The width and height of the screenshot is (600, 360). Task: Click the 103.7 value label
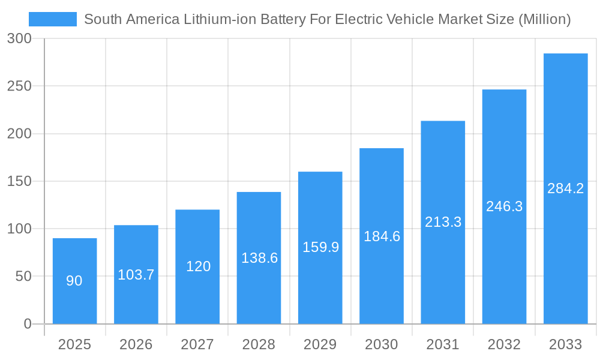coord(136,275)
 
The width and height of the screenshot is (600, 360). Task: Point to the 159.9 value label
coord(320,247)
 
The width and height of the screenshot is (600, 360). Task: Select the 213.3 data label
coord(443,222)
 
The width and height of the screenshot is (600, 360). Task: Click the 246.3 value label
coord(504,206)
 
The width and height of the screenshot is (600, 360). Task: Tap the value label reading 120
coord(198,266)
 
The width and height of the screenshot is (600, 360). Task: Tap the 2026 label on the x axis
coord(136,344)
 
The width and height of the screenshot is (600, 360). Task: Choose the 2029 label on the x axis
coord(320,344)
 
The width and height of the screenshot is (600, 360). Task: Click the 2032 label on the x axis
coord(504,344)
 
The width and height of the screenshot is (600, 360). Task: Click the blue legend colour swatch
coord(53,19)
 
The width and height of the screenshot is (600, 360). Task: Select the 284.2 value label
coord(565,188)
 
